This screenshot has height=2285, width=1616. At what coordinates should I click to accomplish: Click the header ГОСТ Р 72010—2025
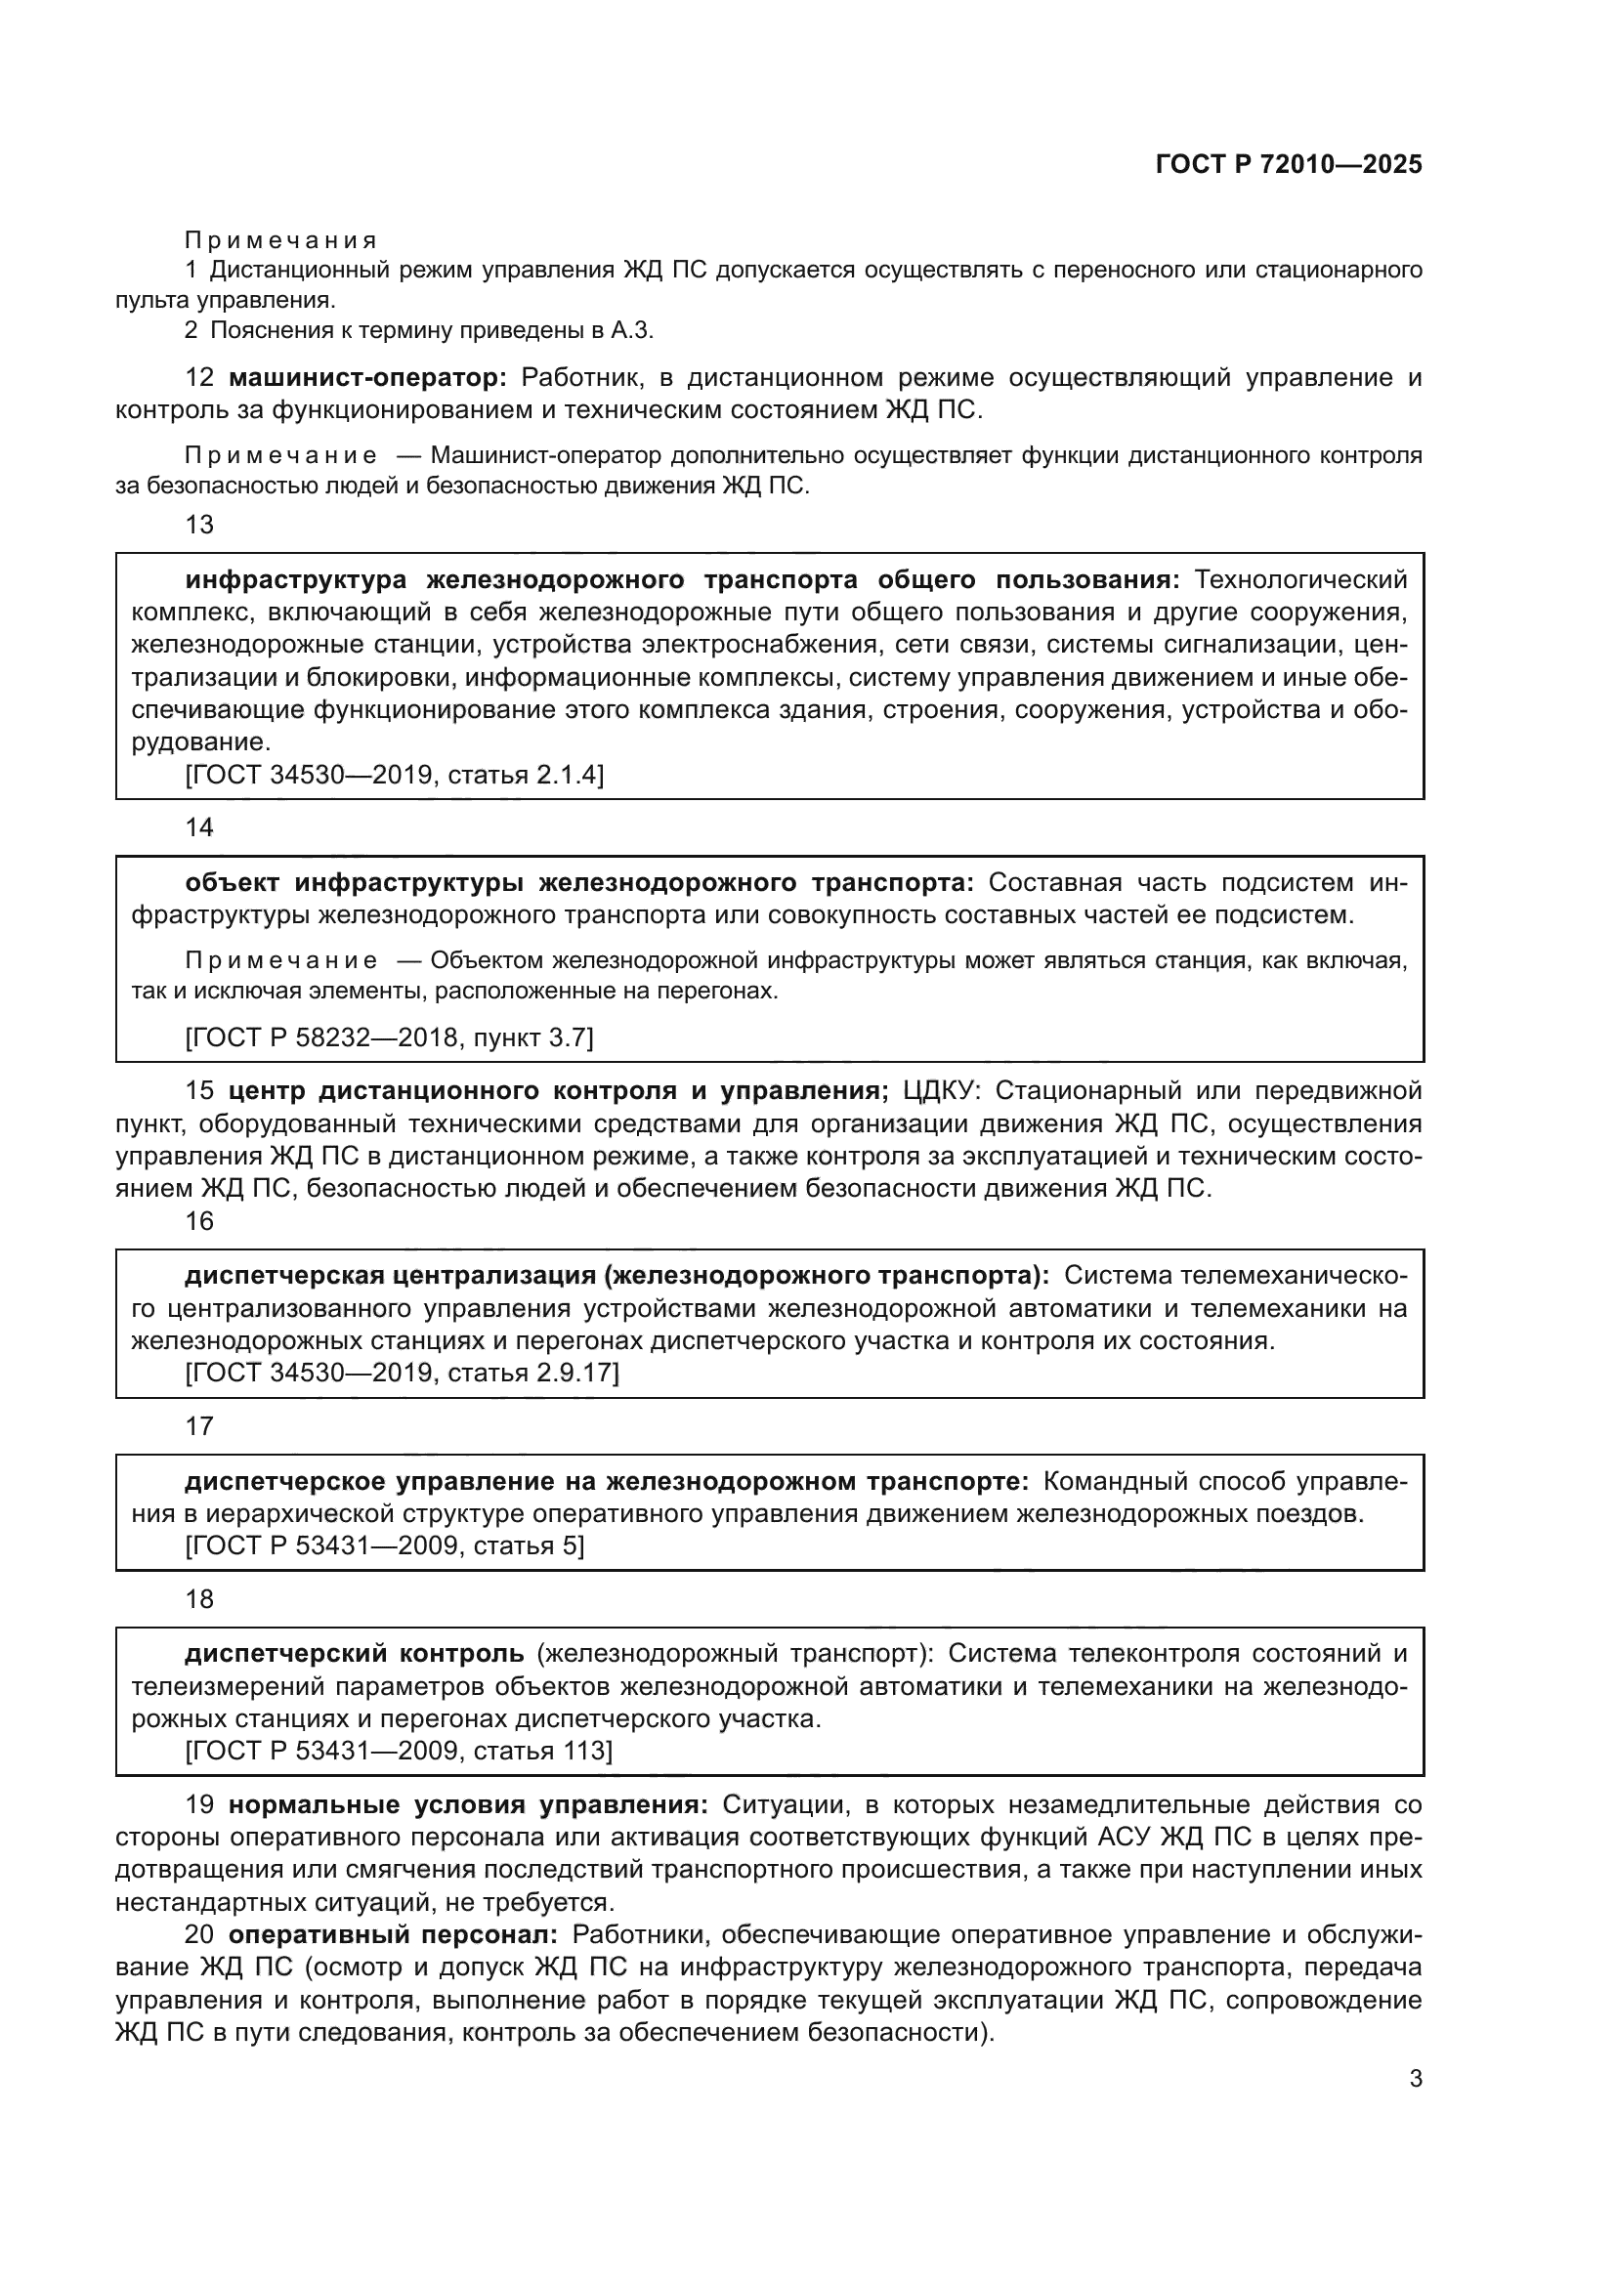point(1289,164)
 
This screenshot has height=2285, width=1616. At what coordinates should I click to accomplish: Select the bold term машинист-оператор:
point(367,377)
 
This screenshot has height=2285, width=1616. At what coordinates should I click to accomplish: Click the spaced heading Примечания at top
point(280,240)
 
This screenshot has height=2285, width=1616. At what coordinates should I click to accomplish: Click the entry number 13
point(199,525)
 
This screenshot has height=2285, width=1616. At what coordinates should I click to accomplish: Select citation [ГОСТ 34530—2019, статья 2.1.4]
point(394,775)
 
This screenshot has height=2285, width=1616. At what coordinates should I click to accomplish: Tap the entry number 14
point(199,827)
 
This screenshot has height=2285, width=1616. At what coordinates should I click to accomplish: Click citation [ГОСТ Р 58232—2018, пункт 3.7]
point(389,1038)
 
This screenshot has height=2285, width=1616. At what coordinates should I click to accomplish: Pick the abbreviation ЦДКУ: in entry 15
point(941,1091)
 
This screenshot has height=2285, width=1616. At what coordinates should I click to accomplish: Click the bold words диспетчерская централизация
point(390,1275)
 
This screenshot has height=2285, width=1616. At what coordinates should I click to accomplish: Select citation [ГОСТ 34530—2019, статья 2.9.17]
point(402,1373)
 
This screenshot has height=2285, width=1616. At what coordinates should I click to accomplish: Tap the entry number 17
point(199,1426)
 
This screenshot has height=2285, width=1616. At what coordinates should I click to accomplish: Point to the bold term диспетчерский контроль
point(355,1653)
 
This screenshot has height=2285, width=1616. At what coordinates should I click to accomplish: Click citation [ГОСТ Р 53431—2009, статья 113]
point(399,1751)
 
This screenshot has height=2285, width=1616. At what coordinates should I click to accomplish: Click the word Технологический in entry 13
point(1299,579)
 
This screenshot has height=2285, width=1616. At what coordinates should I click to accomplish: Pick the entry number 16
point(199,1221)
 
